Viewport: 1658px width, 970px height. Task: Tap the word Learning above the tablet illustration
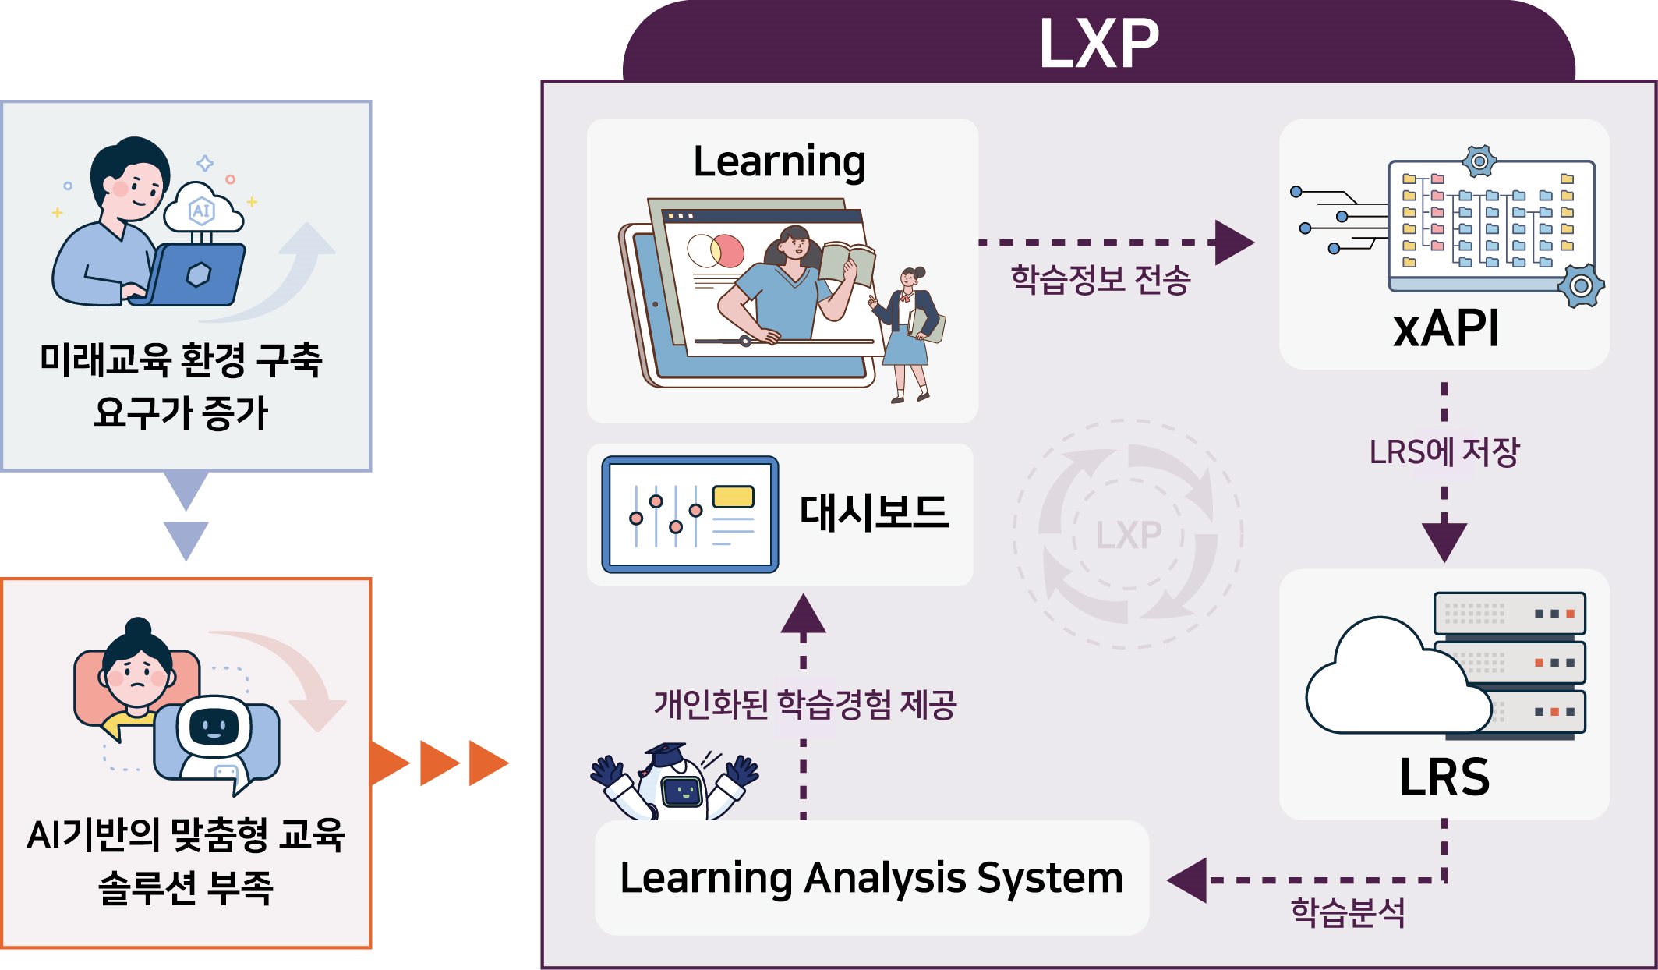pyautogui.click(x=780, y=162)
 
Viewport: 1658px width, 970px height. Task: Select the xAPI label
pyautogui.click(x=1446, y=328)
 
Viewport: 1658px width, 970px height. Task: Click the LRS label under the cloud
pyautogui.click(x=1444, y=777)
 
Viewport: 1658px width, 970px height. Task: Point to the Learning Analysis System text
pyautogui.click(x=871, y=879)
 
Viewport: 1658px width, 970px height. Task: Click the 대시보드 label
pyautogui.click(x=875, y=513)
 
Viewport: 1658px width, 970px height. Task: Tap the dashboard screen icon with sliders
pyautogui.click(x=690, y=515)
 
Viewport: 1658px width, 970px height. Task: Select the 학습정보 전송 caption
pyautogui.click(x=1101, y=279)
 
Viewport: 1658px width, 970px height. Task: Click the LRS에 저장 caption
pyautogui.click(x=1444, y=451)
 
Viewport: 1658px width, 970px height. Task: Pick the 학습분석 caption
pyautogui.click(x=1348, y=912)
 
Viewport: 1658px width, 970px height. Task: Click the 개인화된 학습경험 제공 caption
pyautogui.click(x=804, y=704)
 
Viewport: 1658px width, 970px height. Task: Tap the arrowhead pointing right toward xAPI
pyautogui.click(x=1235, y=242)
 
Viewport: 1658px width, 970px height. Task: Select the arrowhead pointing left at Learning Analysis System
pyautogui.click(x=1186, y=880)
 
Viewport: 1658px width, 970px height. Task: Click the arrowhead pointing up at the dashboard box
pyautogui.click(x=803, y=613)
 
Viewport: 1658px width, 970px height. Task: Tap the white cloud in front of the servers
pyautogui.click(x=1398, y=679)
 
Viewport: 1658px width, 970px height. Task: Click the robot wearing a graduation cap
pyautogui.click(x=674, y=781)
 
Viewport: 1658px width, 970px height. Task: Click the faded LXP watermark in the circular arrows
pyautogui.click(x=1128, y=535)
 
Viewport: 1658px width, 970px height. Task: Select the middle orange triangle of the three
pyautogui.click(x=440, y=763)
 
